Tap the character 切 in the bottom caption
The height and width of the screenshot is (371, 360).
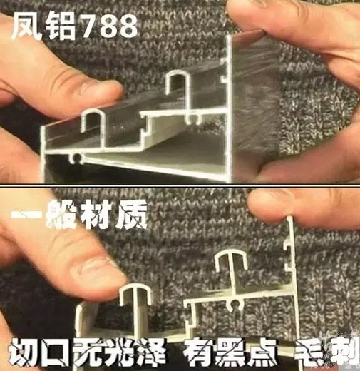coord(24,352)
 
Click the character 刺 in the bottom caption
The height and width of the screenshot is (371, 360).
coord(341,352)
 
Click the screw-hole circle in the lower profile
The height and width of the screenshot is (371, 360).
coord(236,304)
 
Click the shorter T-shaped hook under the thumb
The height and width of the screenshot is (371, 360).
coord(135,295)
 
